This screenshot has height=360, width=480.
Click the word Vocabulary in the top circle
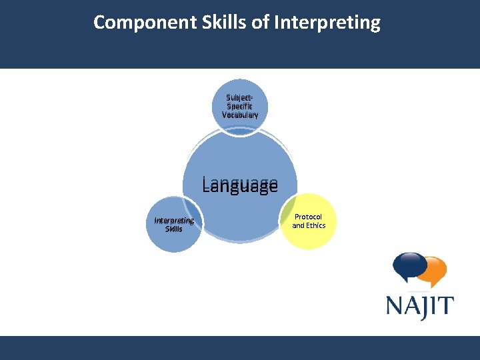pos(240,115)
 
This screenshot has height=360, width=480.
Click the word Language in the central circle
pos(240,185)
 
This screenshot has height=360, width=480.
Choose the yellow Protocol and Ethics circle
pos(309,221)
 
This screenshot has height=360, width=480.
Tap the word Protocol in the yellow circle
pos(309,217)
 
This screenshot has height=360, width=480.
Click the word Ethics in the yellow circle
pos(315,225)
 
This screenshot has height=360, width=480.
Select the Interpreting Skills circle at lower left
pos(173,225)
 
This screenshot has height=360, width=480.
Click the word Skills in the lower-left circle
pos(173,229)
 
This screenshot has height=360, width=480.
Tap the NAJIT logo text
pos(420,306)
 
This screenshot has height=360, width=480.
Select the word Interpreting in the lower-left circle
pos(173,221)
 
